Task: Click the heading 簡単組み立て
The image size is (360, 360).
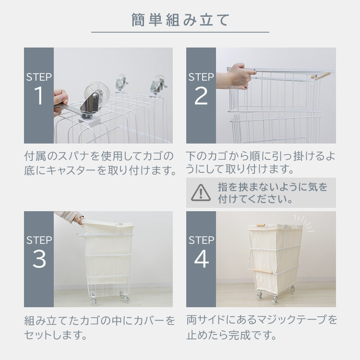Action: [180, 20]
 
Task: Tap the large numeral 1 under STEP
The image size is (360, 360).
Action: [38, 96]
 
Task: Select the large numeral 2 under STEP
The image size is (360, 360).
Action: [201, 96]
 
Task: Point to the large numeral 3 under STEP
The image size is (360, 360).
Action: [39, 259]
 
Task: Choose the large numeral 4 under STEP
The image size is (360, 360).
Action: [201, 259]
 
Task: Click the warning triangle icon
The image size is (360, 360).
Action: [201, 193]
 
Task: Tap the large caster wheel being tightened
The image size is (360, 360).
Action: [96, 94]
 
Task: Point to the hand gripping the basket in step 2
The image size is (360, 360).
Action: [237, 76]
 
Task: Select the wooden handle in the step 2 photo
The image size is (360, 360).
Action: [321, 75]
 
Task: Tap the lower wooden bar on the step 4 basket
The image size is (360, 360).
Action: [263, 271]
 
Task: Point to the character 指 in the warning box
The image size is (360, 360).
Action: [223, 187]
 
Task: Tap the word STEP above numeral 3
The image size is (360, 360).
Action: [39, 240]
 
